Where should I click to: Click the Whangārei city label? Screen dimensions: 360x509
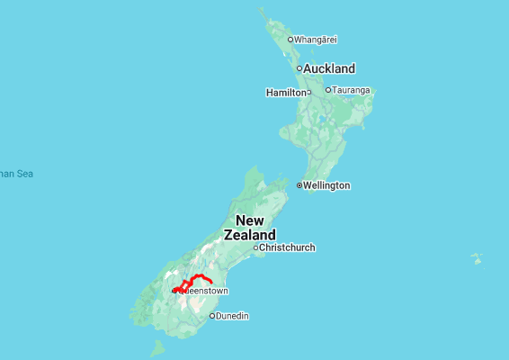point(314,40)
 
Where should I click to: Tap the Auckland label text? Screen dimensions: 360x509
point(329,68)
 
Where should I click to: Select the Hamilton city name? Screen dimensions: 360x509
point(286,93)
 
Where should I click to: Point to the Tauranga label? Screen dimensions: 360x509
point(352,90)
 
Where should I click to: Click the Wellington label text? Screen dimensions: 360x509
point(326,185)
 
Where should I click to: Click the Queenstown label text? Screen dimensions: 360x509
point(205,292)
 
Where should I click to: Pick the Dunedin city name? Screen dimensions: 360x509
point(232,316)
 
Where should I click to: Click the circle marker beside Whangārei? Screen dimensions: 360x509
point(290,40)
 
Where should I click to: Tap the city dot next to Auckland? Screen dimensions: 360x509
point(299,68)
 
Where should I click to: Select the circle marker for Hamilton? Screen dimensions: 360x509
point(308,92)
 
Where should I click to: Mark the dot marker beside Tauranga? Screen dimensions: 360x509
point(329,90)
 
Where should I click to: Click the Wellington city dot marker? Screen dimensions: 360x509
point(299,185)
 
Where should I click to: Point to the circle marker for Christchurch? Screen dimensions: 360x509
point(255,247)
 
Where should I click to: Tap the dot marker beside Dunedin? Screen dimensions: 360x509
point(212,316)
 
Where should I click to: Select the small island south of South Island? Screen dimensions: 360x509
point(157,347)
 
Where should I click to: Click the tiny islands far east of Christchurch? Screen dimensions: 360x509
point(477,259)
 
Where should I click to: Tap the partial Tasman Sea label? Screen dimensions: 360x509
point(16,174)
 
